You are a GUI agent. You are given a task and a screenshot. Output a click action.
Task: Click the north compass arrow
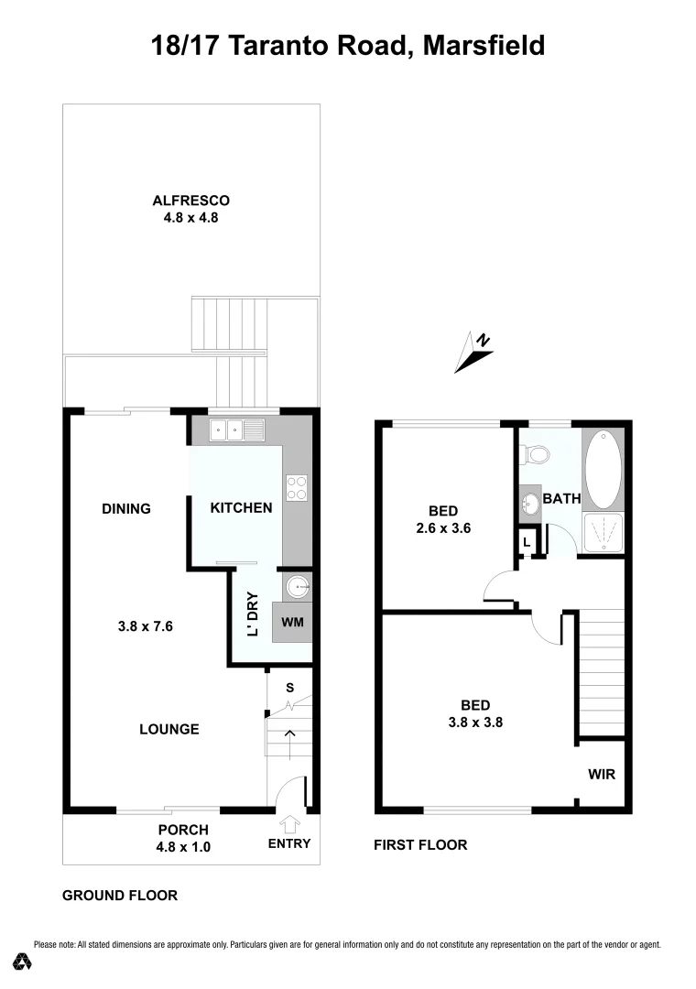[474, 353]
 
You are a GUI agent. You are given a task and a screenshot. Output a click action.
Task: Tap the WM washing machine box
[293, 622]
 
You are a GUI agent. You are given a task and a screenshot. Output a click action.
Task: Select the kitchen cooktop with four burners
[297, 487]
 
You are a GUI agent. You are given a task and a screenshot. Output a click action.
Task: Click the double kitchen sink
[236, 428]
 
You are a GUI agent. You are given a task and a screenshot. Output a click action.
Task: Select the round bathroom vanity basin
[530, 503]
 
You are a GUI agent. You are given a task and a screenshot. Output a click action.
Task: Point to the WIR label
[602, 775]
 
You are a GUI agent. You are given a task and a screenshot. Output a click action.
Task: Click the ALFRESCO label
[190, 201]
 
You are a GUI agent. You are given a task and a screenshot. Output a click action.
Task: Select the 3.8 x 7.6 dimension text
[146, 627]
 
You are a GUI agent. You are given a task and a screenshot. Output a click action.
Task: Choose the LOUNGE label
[169, 729]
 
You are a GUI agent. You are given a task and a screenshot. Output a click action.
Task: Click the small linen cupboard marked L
[526, 542]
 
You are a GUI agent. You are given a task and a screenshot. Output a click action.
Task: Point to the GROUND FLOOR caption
[120, 896]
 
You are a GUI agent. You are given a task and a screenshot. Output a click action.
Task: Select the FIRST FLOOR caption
[420, 845]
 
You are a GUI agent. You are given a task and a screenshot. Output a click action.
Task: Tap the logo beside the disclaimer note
[23, 961]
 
